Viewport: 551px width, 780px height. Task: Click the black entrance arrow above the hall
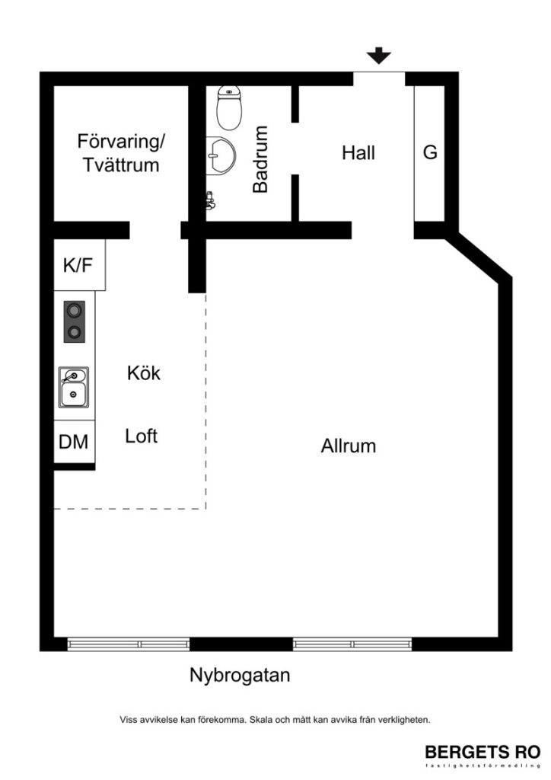click(x=378, y=56)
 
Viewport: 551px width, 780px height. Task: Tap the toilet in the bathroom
click(x=228, y=107)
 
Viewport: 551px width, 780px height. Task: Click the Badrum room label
click(x=261, y=159)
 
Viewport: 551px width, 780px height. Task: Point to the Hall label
click(x=358, y=153)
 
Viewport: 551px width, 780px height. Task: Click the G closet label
click(x=430, y=153)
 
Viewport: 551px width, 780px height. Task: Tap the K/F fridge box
click(x=78, y=266)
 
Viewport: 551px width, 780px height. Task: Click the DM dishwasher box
click(x=74, y=442)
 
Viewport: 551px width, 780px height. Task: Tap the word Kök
click(x=144, y=374)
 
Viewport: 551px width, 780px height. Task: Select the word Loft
click(x=142, y=436)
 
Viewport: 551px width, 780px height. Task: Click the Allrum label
click(x=349, y=446)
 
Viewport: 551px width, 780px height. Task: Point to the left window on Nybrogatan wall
click(x=128, y=644)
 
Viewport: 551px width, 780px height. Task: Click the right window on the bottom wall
click(x=352, y=644)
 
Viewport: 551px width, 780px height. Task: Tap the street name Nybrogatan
click(x=240, y=676)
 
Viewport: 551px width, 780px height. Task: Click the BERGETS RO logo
click(x=482, y=751)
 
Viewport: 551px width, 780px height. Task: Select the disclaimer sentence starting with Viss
click(x=275, y=718)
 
